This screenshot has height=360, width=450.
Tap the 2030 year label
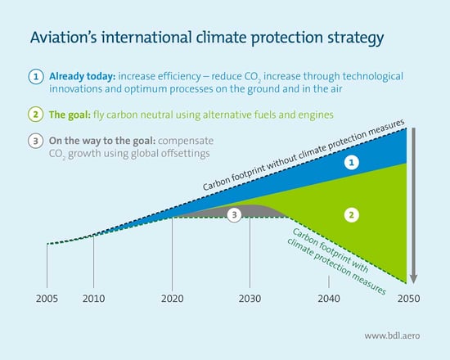coord(250,299)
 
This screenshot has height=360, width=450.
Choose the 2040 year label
coord(329,299)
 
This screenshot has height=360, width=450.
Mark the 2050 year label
coord(407,299)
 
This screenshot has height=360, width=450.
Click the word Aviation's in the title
coord(61,38)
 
